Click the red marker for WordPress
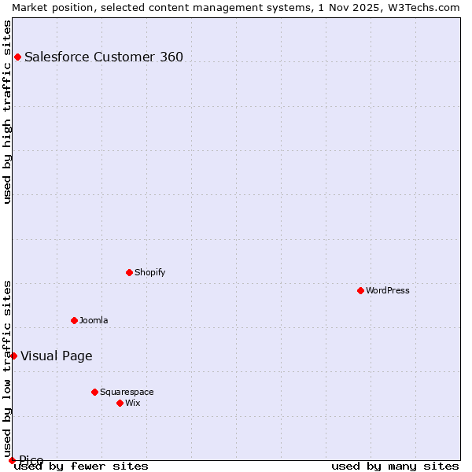[x=360, y=290]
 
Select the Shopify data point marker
[x=129, y=272]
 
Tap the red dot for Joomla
[x=74, y=320]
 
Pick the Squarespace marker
[x=94, y=392]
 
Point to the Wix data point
[x=120, y=403]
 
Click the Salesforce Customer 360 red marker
[x=17, y=57]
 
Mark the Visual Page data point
[x=13, y=356]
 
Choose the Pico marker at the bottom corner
[x=12, y=460]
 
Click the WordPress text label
[x=388, y=290]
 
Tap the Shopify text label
[x=149, y=272]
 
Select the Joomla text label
[x=94, y=320]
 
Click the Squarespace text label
[x=127, y=392]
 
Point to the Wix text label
[x=132, y=403]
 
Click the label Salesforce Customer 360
[x=104, y=57]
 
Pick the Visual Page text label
[x=57, y=356]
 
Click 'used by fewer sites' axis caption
[x=81, y=466]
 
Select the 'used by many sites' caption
[x=395, y=466]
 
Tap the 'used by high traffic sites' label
[x=7, y=112]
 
